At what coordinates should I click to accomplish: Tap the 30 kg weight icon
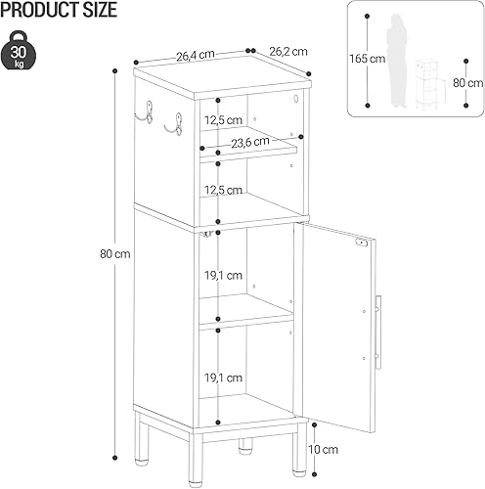pos(21,49)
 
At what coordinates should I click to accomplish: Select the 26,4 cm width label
pos(195,55)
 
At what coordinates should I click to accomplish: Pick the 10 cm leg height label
pos(332,450)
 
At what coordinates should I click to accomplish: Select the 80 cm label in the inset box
pos(468,82)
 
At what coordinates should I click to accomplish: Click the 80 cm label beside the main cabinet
pos(95,254)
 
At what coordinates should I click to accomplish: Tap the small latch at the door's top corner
pos(362,242)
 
